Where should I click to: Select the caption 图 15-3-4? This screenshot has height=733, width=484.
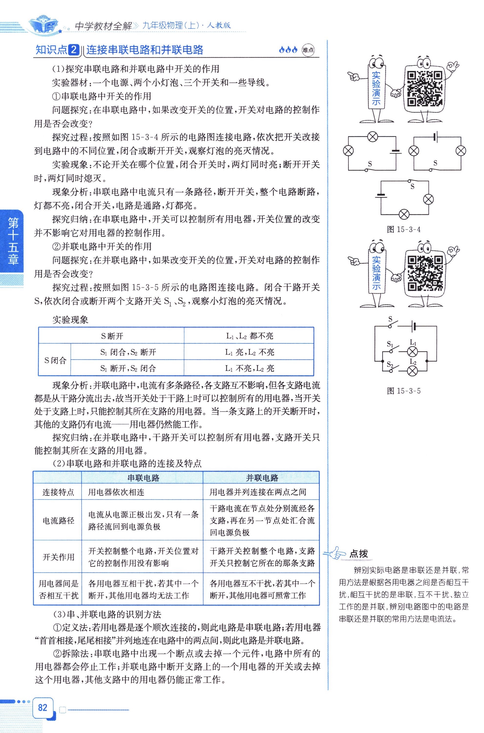[403, 229]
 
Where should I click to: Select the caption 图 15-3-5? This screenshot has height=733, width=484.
[403, 391]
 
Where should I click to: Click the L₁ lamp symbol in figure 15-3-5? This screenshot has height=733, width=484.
[413, 351]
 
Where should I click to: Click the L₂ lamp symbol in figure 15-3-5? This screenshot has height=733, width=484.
[413, 371]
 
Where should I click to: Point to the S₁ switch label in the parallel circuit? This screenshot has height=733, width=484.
[390, 344]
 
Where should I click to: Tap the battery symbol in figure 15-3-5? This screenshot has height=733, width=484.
[414, 326]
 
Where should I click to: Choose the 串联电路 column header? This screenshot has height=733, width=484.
[143, 478]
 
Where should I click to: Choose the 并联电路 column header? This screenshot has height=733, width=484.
[262, 478]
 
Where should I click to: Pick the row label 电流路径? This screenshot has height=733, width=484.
[58, 521]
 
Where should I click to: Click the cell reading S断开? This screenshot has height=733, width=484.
[112, 336]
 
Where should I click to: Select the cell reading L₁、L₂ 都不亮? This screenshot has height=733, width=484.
[249, 336]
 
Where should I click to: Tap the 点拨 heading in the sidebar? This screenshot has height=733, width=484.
[358, 553]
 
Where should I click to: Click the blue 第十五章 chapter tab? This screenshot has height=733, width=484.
[13, 241]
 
